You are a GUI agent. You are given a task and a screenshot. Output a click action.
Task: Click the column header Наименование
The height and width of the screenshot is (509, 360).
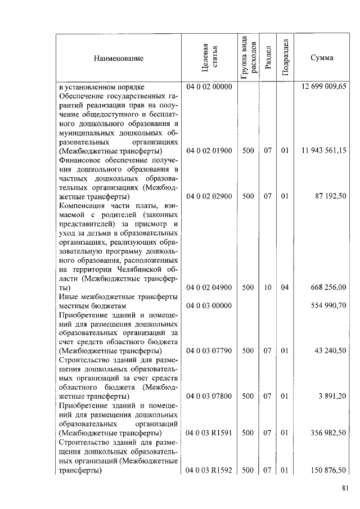(x=119, y=58)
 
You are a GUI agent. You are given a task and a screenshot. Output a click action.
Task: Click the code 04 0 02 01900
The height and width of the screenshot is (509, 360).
(x=209, y=151)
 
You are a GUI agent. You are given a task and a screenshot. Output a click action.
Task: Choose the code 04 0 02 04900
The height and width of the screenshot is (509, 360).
(x=209, y=287)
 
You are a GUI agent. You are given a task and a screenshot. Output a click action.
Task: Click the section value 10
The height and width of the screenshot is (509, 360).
(x=268, y=287)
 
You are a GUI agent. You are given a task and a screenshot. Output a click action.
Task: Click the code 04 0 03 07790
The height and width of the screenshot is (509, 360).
(x=209, y=350)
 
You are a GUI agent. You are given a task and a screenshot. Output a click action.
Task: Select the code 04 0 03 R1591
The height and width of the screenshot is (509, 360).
(x=209, y=433)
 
